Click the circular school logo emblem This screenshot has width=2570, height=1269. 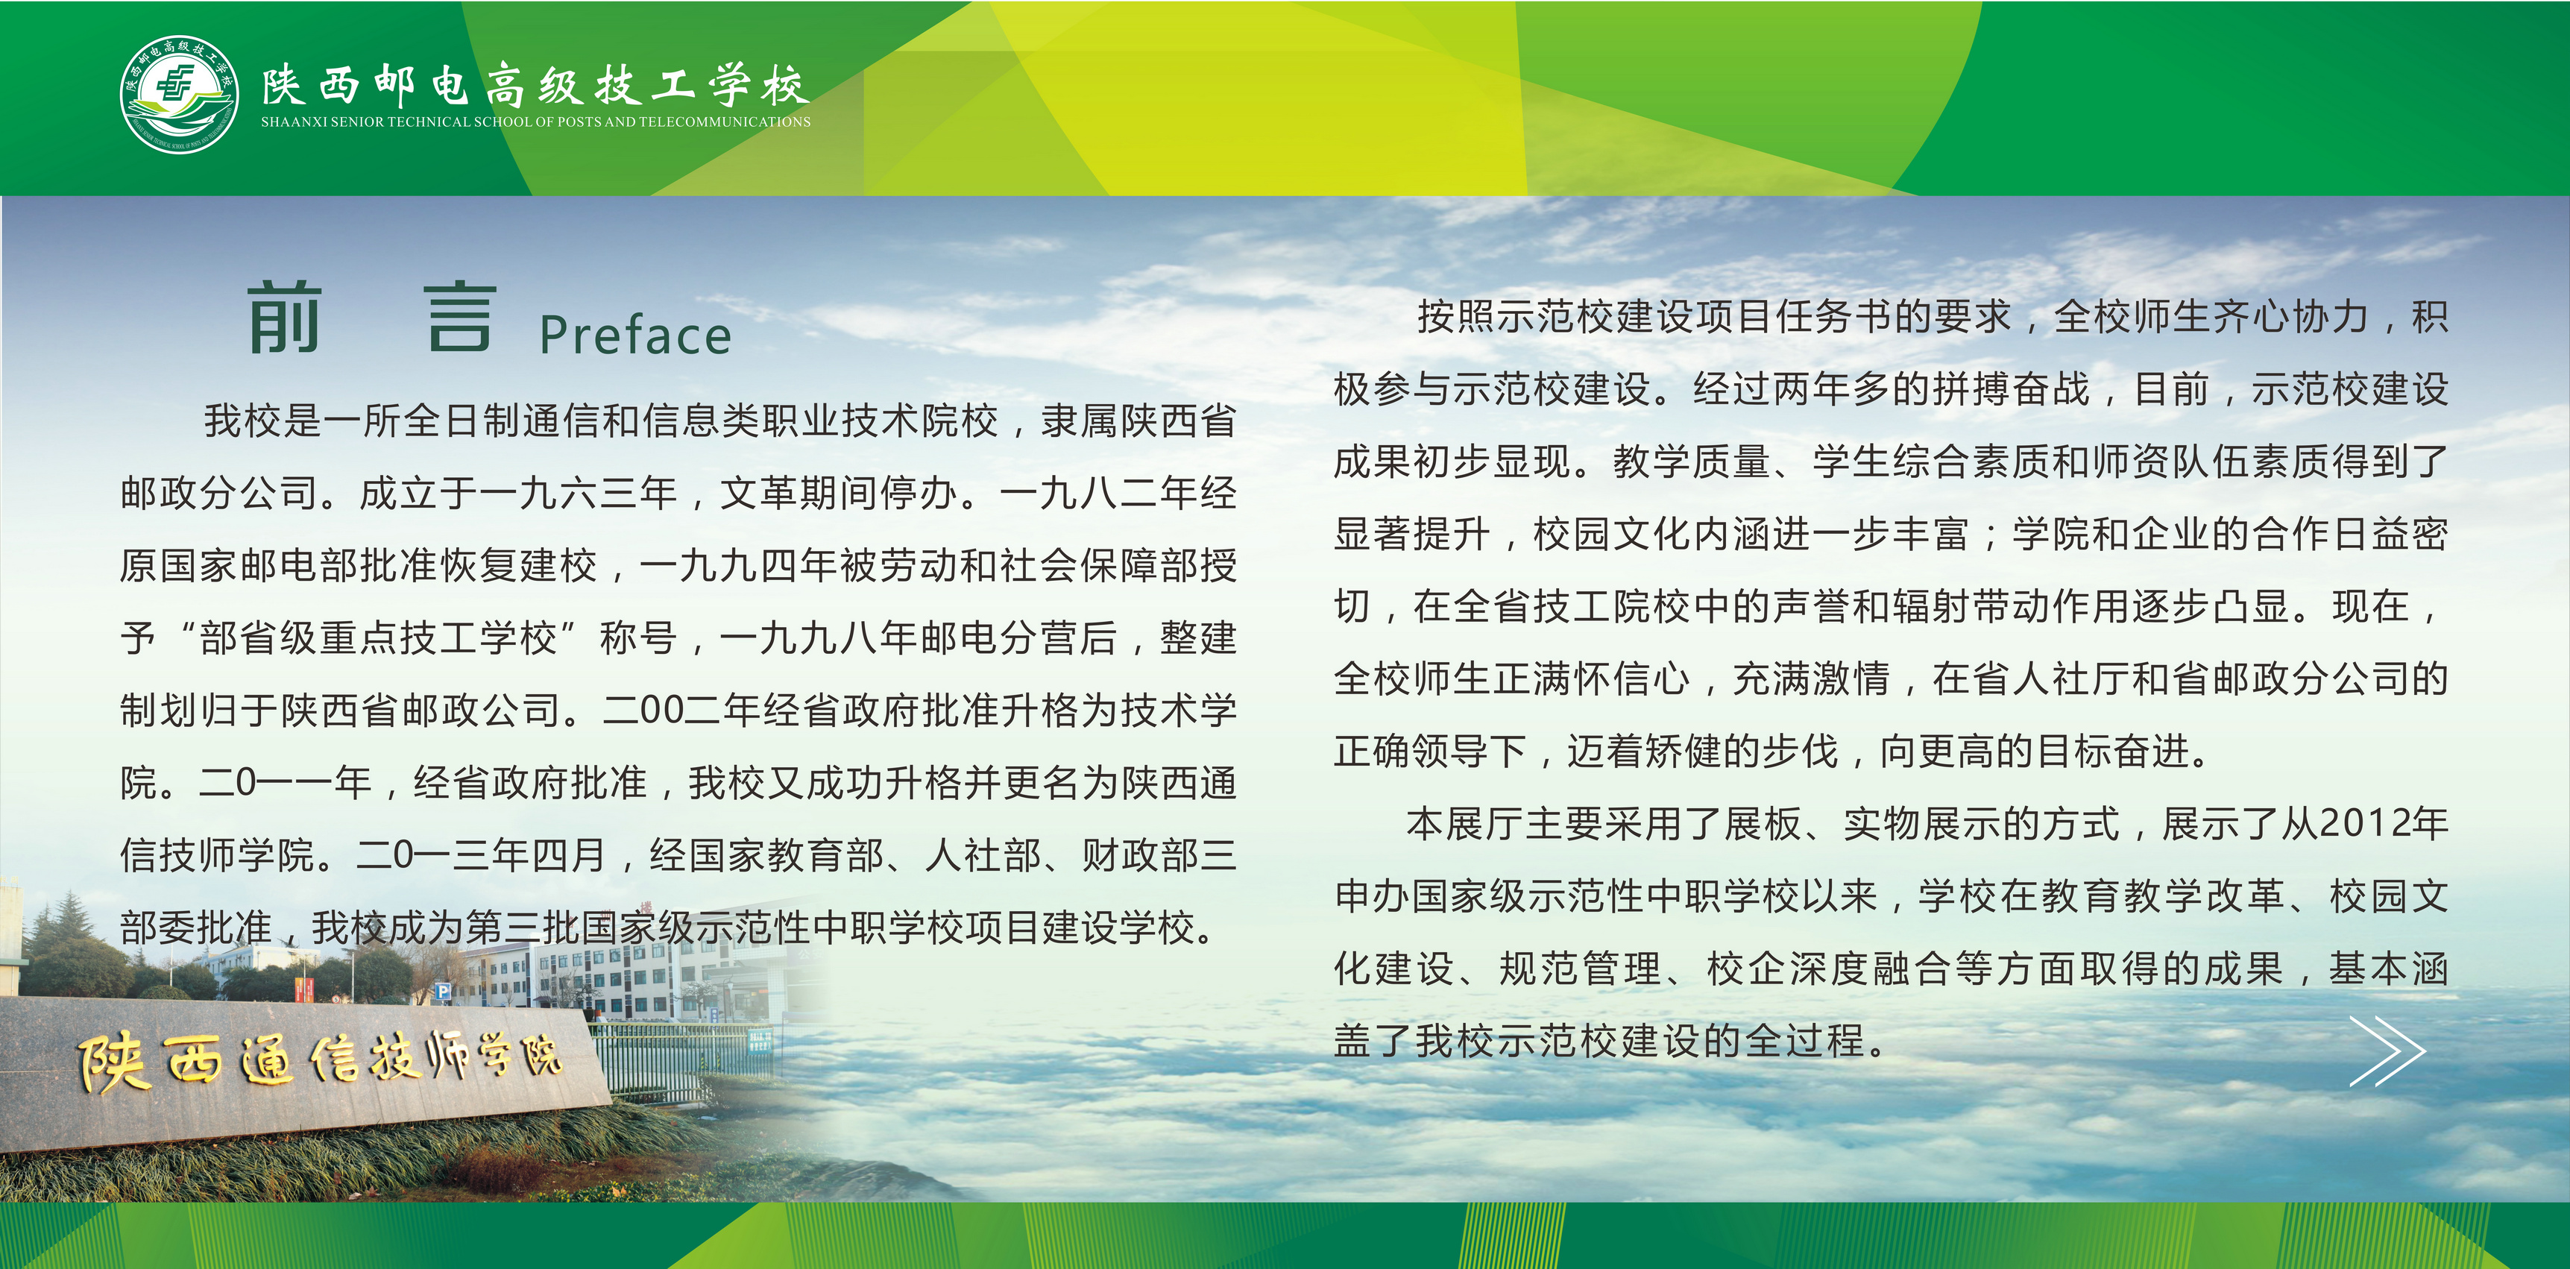180,95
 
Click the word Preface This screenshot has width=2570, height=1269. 635,336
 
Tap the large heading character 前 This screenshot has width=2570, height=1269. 284,318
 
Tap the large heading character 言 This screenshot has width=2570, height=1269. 460,318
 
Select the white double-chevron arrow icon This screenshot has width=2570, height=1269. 2387,1051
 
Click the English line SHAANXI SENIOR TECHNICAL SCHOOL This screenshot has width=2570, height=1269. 536,122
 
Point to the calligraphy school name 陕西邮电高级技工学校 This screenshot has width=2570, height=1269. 536,85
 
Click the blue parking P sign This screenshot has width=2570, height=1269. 444,992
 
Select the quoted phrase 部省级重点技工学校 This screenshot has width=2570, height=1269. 378,637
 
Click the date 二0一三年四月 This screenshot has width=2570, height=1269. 482,855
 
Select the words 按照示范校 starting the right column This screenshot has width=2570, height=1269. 1517,316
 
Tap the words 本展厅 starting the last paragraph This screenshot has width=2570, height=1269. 1466,823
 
